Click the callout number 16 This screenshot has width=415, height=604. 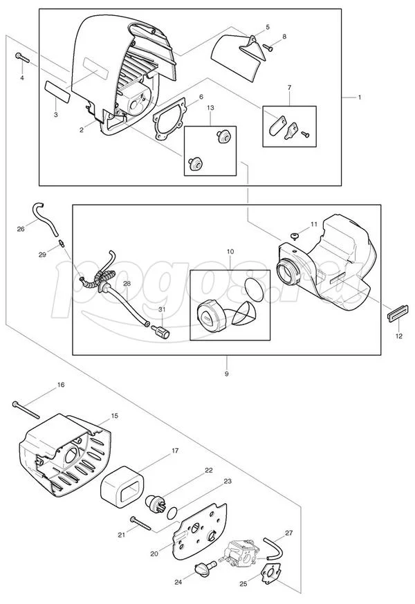61,384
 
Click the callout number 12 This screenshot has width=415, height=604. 397,336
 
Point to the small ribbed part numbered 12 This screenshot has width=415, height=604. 392,314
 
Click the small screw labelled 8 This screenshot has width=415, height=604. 268,48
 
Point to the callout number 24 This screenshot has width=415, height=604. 178,583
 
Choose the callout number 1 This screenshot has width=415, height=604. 360,98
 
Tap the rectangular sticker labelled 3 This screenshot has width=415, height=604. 56,90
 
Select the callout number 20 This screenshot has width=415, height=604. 154,553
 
